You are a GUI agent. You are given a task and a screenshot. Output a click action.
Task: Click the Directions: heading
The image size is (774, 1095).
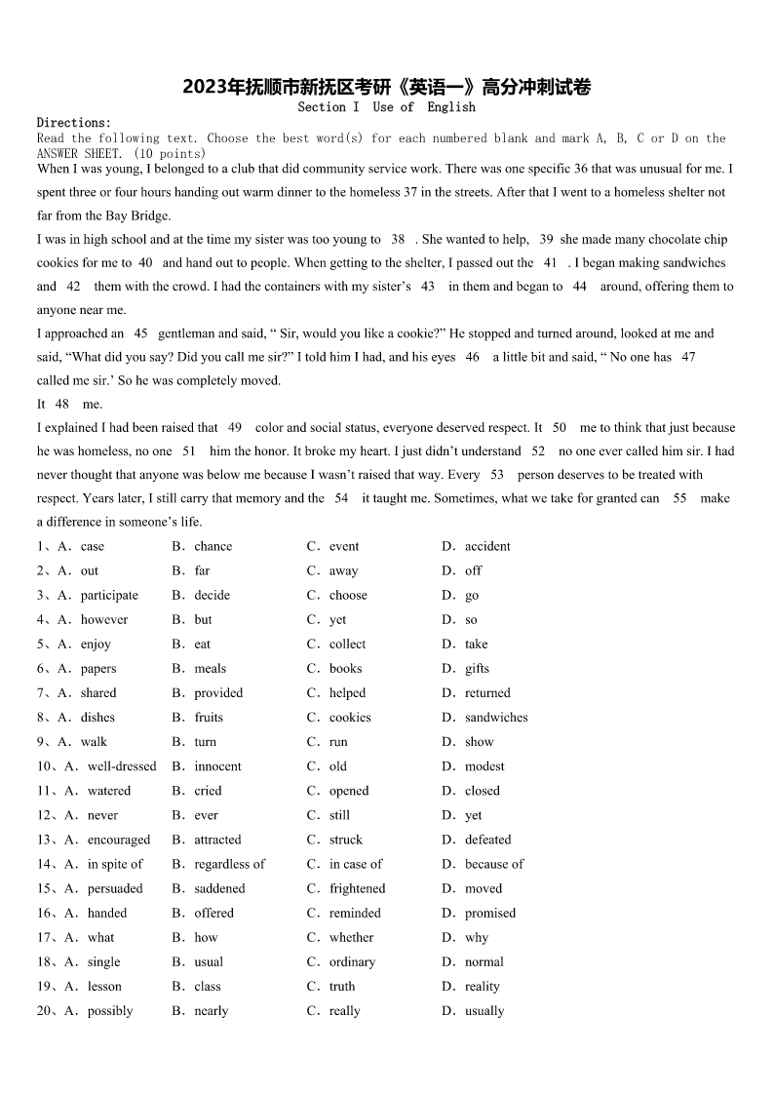(74, 123)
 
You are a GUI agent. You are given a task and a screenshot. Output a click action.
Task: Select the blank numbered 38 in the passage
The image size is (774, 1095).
(397, 239)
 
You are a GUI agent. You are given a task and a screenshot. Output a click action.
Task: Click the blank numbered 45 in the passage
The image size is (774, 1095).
(140, 333)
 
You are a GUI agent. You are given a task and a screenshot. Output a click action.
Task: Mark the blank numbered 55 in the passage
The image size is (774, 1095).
(679, 498)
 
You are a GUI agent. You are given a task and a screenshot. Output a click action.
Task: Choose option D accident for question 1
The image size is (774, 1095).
(486, 547)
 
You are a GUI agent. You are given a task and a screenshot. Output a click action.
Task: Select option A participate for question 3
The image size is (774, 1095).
(108, 596)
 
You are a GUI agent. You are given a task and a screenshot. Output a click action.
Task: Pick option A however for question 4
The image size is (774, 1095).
(103, 620)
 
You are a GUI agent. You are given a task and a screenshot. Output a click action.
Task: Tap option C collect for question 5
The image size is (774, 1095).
(347, 645)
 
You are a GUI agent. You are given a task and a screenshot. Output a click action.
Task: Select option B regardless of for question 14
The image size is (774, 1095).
(229, 864)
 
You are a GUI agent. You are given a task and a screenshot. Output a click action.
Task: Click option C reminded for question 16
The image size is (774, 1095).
(355, 913)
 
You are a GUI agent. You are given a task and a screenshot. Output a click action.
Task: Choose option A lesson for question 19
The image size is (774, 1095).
(104, 986)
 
